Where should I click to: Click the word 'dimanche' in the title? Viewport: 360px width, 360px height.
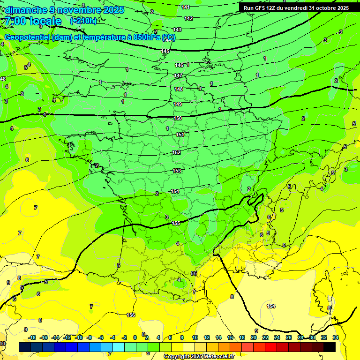(x=24, y=10)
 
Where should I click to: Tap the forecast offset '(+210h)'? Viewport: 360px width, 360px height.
(x=83, y=21)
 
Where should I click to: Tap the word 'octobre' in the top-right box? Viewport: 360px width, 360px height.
(x=325, y=8)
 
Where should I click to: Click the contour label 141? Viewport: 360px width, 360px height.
(x=186, y=7)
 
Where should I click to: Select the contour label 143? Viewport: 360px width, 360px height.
(x=177, y=30)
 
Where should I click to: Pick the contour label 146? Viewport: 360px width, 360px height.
(x=179, y=65)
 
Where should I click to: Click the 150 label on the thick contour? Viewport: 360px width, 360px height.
(x=178, y=119)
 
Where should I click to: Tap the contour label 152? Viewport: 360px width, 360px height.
(x=176, y=152)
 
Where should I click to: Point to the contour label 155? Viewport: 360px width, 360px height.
(x=176, y=223)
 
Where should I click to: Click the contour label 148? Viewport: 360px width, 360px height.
(x=179, y=89)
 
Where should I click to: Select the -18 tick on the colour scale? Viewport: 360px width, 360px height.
(x=32, y=337)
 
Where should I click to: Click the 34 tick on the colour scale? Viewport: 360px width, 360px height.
(x=335, y=337)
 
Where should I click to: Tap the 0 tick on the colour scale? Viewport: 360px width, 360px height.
(x=135, y=337)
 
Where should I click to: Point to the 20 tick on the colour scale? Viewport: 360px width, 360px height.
(x=253, y=337)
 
